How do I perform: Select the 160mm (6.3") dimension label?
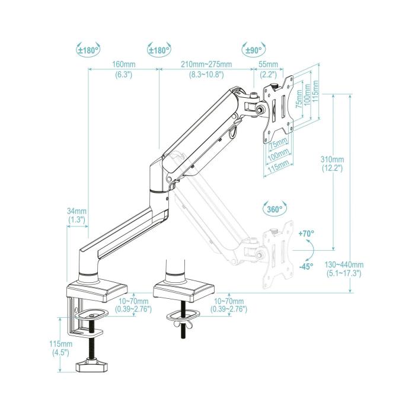[x=124, y=70]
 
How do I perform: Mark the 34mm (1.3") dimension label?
[x=76, y=215]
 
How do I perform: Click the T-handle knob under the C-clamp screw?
[x=92, y=366]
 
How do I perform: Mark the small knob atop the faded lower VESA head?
[x=257, y=233]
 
